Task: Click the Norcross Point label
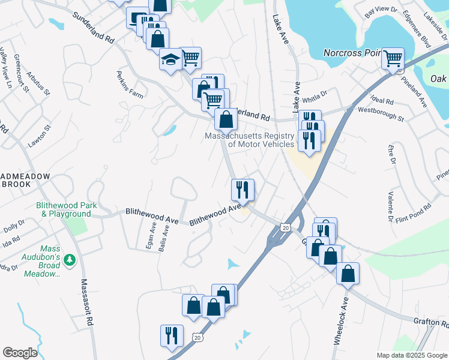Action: click(x=352, y=52)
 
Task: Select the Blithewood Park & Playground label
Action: click(x=67, y=209)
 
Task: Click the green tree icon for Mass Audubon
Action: click(x=70, y=259)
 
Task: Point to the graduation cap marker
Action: click(x=170, y=60)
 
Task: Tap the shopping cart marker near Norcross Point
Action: click(x=393, y=58)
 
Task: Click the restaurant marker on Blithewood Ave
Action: click(x=243, y=190)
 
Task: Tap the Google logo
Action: click(x=20, y=353)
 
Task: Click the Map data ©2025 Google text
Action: click(x=411, y=355)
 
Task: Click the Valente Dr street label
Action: click(x=390, y=207)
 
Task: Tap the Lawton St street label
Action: click(x=40, y=137)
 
